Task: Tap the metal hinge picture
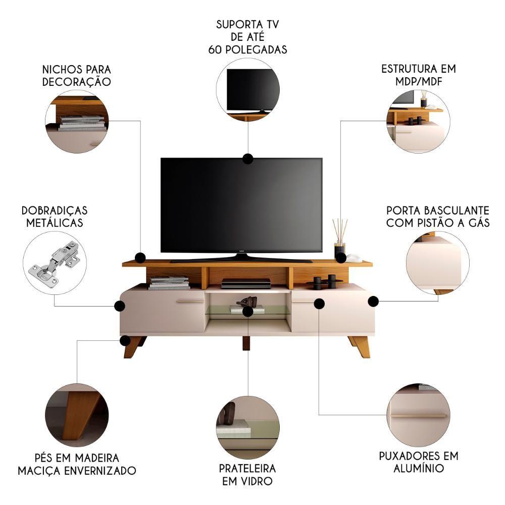pos(55,263)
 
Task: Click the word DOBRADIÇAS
pos(55,211)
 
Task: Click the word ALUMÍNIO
pos(419,468)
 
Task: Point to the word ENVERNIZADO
pos(100,471)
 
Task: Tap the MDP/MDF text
pos(419,81)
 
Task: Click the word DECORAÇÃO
pos(77,82)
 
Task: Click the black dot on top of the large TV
pos(247,159)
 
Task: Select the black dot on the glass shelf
pos(247,311)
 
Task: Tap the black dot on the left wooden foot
pos(125,340)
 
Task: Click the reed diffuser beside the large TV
pos(340,238)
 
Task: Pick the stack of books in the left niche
pos(169,283)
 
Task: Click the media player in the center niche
pos(246,283)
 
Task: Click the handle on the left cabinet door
pos(190,302)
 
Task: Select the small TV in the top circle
pos(253,91)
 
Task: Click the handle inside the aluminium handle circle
pos(419,416)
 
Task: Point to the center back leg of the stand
pos(247,343)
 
